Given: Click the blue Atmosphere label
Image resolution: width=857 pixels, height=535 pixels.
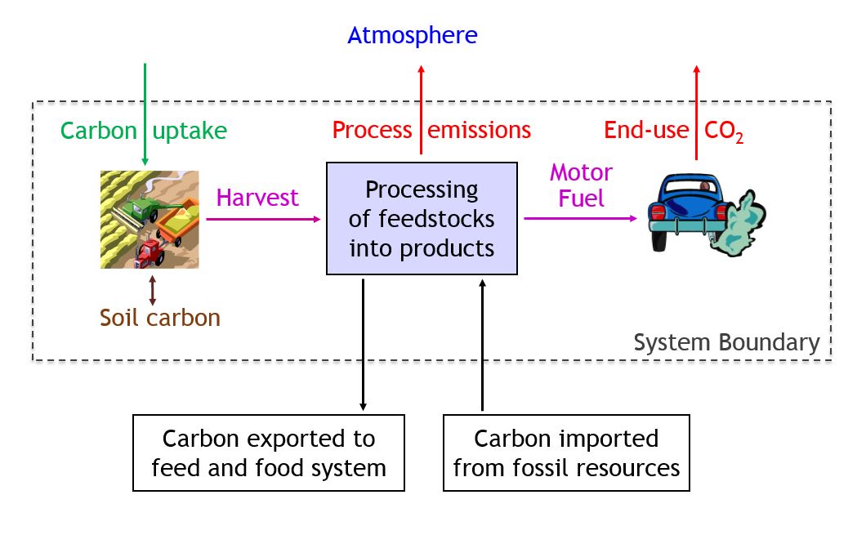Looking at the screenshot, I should point(412,36).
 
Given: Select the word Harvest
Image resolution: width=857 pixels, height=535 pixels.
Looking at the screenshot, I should point(257,198).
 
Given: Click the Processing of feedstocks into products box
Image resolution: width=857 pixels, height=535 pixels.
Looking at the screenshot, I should point(422,218).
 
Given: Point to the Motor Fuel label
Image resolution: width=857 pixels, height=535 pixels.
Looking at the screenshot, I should point(581,185).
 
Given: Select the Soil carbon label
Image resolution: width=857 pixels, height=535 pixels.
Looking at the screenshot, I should point(160,317).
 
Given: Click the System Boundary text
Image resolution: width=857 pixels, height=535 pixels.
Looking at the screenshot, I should point(726,342).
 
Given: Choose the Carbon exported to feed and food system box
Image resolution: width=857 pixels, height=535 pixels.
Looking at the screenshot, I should point(268,453).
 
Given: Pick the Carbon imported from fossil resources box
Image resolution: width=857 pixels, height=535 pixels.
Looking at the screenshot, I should point(566,453).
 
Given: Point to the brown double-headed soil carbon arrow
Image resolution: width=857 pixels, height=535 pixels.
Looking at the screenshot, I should point(153,290).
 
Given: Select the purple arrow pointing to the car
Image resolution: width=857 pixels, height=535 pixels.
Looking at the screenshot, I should point(579,218).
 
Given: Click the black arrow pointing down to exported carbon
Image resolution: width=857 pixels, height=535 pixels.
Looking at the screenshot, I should point(363,343).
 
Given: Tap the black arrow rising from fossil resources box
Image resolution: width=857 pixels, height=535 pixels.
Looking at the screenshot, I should point(483,343).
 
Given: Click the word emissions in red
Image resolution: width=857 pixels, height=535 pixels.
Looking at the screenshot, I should point(479,130).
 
